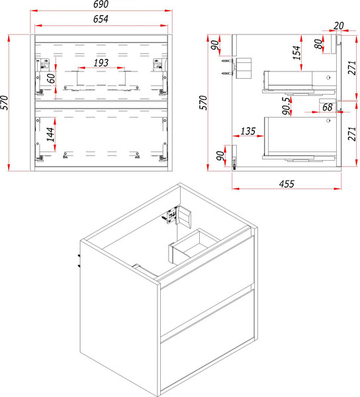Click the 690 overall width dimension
101,5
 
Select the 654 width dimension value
101,19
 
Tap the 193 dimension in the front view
101,63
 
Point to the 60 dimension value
51,78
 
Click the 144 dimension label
50,134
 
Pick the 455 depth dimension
287,184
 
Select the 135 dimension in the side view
248,131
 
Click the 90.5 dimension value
286,106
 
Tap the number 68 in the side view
328,107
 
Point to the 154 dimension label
296,53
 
